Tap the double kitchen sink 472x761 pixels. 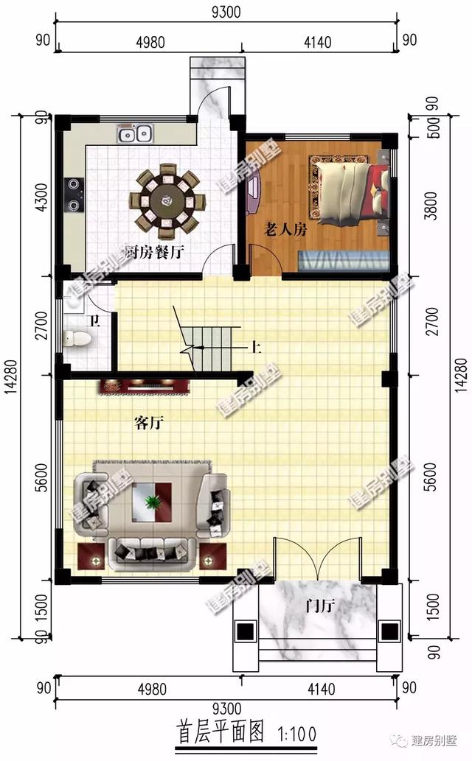click(135, 134)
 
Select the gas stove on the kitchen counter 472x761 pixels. click(74, 194)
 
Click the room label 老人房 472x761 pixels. click(285, 230)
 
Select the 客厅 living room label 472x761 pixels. click(148, 423)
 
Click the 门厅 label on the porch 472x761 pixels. click(320, 606)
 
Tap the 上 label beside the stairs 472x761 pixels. click(254, 347)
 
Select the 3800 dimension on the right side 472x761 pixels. click(432, 204)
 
